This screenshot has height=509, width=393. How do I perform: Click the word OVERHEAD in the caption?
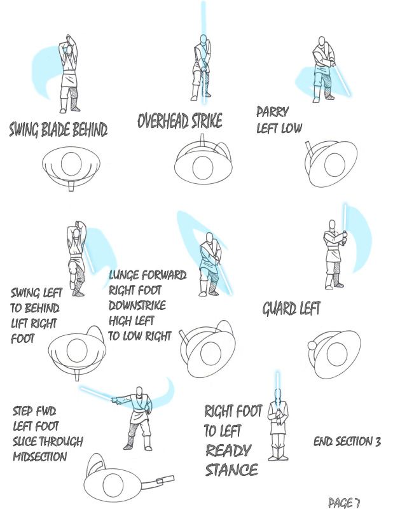pyautogui.click(x=163, y=121)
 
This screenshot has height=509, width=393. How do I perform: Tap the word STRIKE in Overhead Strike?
pyautogui.click(x=207, y=121)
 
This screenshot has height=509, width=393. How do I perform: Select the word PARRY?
pyautogui.click(x=272, y=112)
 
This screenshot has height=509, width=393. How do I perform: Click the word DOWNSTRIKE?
pyautogui.click(x=137, y=305)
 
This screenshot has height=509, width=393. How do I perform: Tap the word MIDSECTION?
pyautogui.click(x=40, y=456)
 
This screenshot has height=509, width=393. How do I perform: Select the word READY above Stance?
pyautogui.click(x=228, y=450)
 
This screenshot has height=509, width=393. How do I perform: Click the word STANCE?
pyautogui.click(x=231, y=470)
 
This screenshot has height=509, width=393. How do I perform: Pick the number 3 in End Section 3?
pyautogui.click(x=378, y=442)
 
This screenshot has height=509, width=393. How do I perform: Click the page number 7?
pyautogui.click(x=357, y=503)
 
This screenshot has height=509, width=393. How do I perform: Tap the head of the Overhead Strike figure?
pyautogui.click(x=203, y=40)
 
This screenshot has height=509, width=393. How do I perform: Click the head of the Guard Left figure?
pyautogui.click(x=332, y=225)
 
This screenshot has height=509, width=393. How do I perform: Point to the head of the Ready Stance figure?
pyautogui.click(x=277, y=393)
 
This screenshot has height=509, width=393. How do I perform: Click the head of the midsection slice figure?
pyautogui.click(x=139, y=392)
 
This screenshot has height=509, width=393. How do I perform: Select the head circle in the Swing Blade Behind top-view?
pyautogui.click(x=71, y=164)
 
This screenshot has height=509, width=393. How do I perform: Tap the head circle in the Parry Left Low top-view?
pyautogui.click(x=334, y=164)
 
